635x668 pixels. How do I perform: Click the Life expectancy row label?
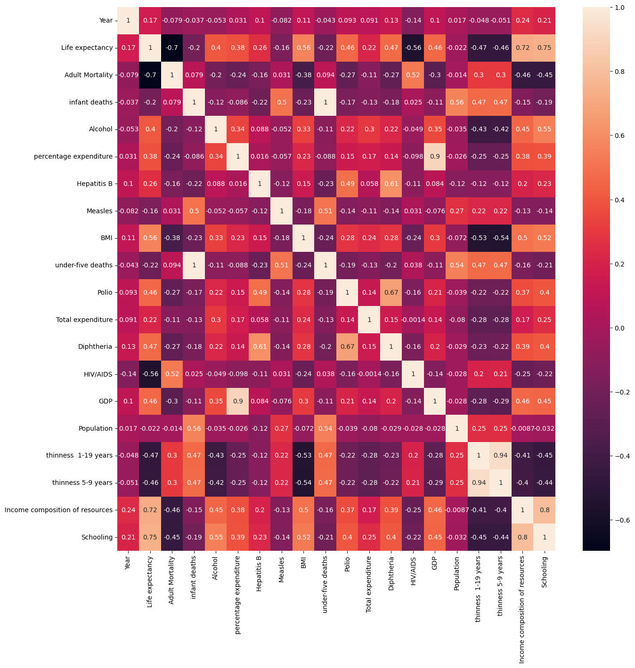coord(87,48)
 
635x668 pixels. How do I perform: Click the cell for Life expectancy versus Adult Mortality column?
coord(172,48)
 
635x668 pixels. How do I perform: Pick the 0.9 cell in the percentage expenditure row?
coord(435,156)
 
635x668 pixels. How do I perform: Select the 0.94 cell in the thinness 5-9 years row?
coord(479,483)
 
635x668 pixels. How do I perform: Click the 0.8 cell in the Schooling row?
coord(522,537)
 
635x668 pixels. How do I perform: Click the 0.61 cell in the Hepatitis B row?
coord(391,184)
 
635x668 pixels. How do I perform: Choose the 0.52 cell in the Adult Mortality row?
coord(413,75)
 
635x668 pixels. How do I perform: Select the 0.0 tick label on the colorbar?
coord(619,328)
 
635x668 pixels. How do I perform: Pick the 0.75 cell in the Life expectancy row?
coord(545,48)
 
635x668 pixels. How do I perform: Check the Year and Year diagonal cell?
coord(128,20)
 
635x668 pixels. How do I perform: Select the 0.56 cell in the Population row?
coord(194,428)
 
